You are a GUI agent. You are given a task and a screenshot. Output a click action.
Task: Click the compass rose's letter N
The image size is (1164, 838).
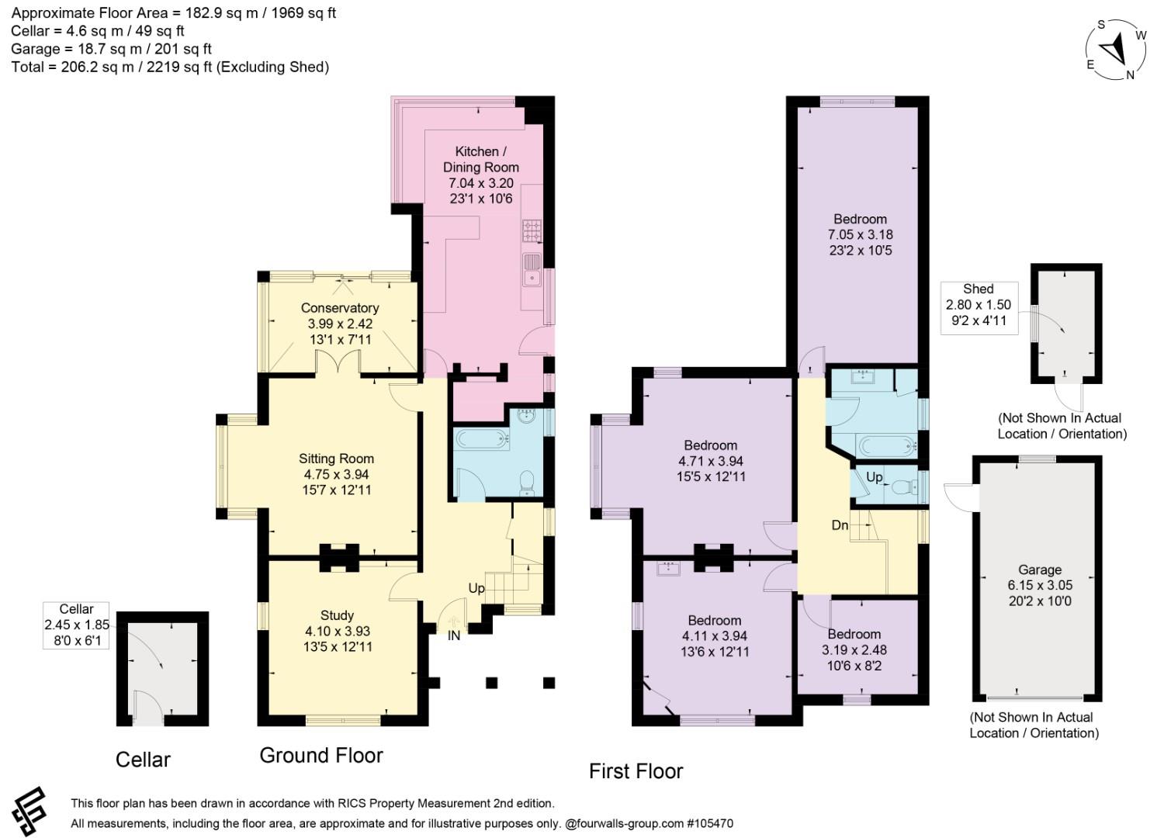pos(1130,75)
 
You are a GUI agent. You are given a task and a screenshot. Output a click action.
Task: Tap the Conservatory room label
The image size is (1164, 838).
pos(340,308)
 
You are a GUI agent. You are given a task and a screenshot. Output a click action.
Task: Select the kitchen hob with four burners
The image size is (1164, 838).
pos(532,230)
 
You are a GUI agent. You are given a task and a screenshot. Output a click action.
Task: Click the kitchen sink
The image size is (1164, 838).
pos(532,270)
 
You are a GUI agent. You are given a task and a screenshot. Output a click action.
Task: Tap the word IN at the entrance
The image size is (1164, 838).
pos(454,636)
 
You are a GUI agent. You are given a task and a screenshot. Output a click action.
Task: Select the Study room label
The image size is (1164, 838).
pos(337,615)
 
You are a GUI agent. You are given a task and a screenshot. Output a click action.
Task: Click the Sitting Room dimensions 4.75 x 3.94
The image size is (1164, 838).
pos(336,474)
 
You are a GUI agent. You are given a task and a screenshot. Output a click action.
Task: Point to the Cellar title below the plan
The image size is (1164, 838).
pos(143,760)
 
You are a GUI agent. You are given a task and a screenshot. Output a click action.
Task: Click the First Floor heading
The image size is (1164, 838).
pos(636,771)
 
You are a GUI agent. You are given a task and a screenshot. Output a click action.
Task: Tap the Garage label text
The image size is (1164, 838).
pos(1039,570)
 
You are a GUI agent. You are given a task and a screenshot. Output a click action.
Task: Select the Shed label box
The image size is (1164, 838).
pos(979,307)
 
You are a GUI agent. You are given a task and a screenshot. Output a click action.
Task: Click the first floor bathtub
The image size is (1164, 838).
pos(886,445)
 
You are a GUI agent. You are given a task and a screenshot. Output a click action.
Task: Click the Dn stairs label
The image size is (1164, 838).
pos(840,525)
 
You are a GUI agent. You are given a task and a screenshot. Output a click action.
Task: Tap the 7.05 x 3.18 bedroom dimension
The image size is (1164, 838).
pos(860,235)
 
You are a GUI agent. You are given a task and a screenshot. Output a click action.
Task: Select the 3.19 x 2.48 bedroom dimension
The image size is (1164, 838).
pos(854,650)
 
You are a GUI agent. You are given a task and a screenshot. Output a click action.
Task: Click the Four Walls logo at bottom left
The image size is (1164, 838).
pos(29,812)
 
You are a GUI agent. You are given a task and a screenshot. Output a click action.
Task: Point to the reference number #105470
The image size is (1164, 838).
pos(710,823)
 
